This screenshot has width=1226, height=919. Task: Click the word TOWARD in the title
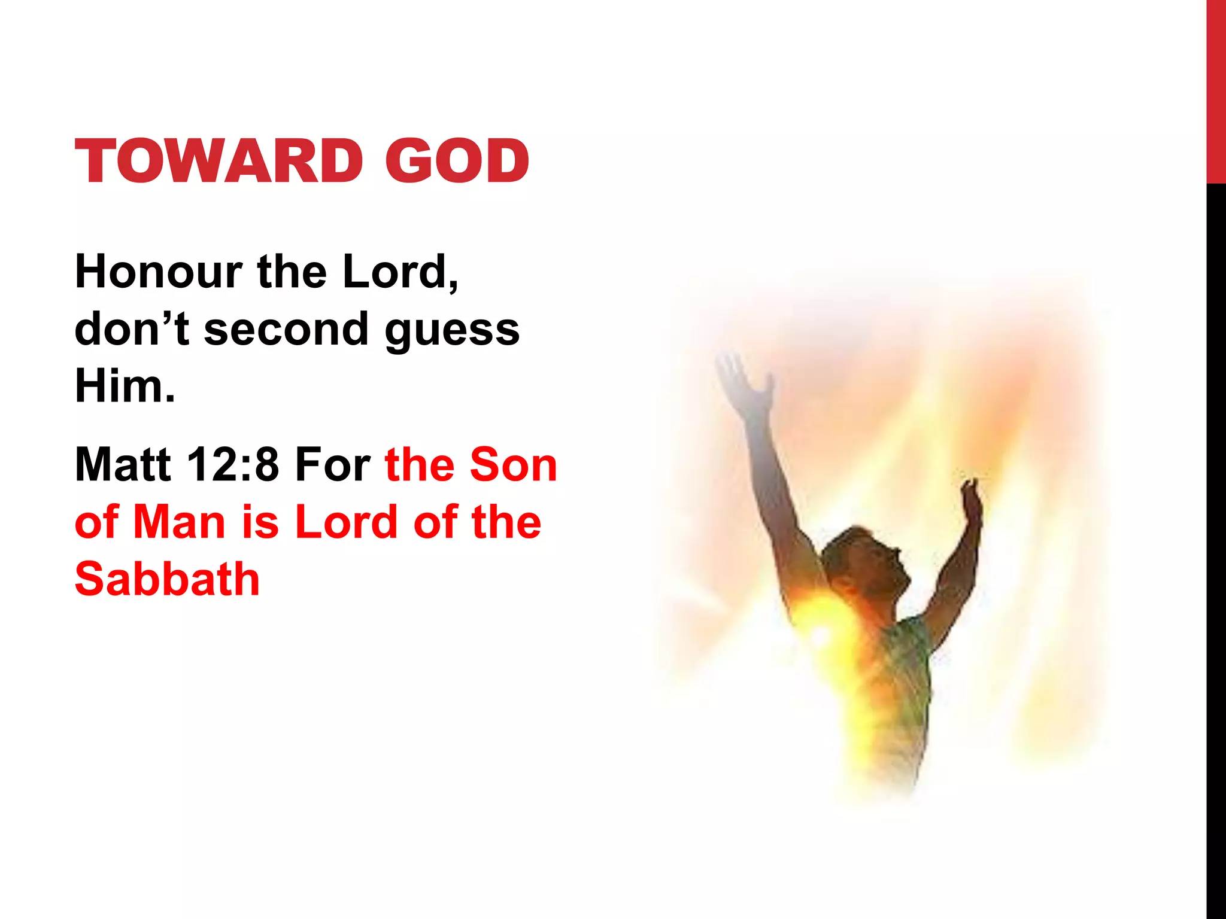click(219, 161)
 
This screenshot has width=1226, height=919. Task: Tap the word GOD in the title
click(457, 161)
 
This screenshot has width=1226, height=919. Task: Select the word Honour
click(158, 272)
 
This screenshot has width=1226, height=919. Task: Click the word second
click(286, 330)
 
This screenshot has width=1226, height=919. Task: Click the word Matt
click(123, 464)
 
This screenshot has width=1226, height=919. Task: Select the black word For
click(332, 464)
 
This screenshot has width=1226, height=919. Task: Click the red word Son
click(514, 464)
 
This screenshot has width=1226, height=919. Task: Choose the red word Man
click(179, 522)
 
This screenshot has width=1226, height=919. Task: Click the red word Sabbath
click(167, 579)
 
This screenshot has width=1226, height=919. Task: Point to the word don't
click(132, 330)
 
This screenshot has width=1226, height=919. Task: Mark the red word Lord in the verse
click(346, 522)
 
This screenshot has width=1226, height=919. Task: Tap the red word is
click(260, 522)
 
